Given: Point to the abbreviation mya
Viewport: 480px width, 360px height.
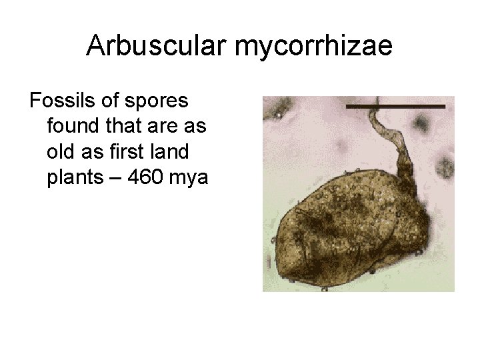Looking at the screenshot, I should coord(192,177).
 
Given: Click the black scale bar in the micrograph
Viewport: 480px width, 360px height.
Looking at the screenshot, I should coord(395,106).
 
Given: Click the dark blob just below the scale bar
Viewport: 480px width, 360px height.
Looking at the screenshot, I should coord(421,123).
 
